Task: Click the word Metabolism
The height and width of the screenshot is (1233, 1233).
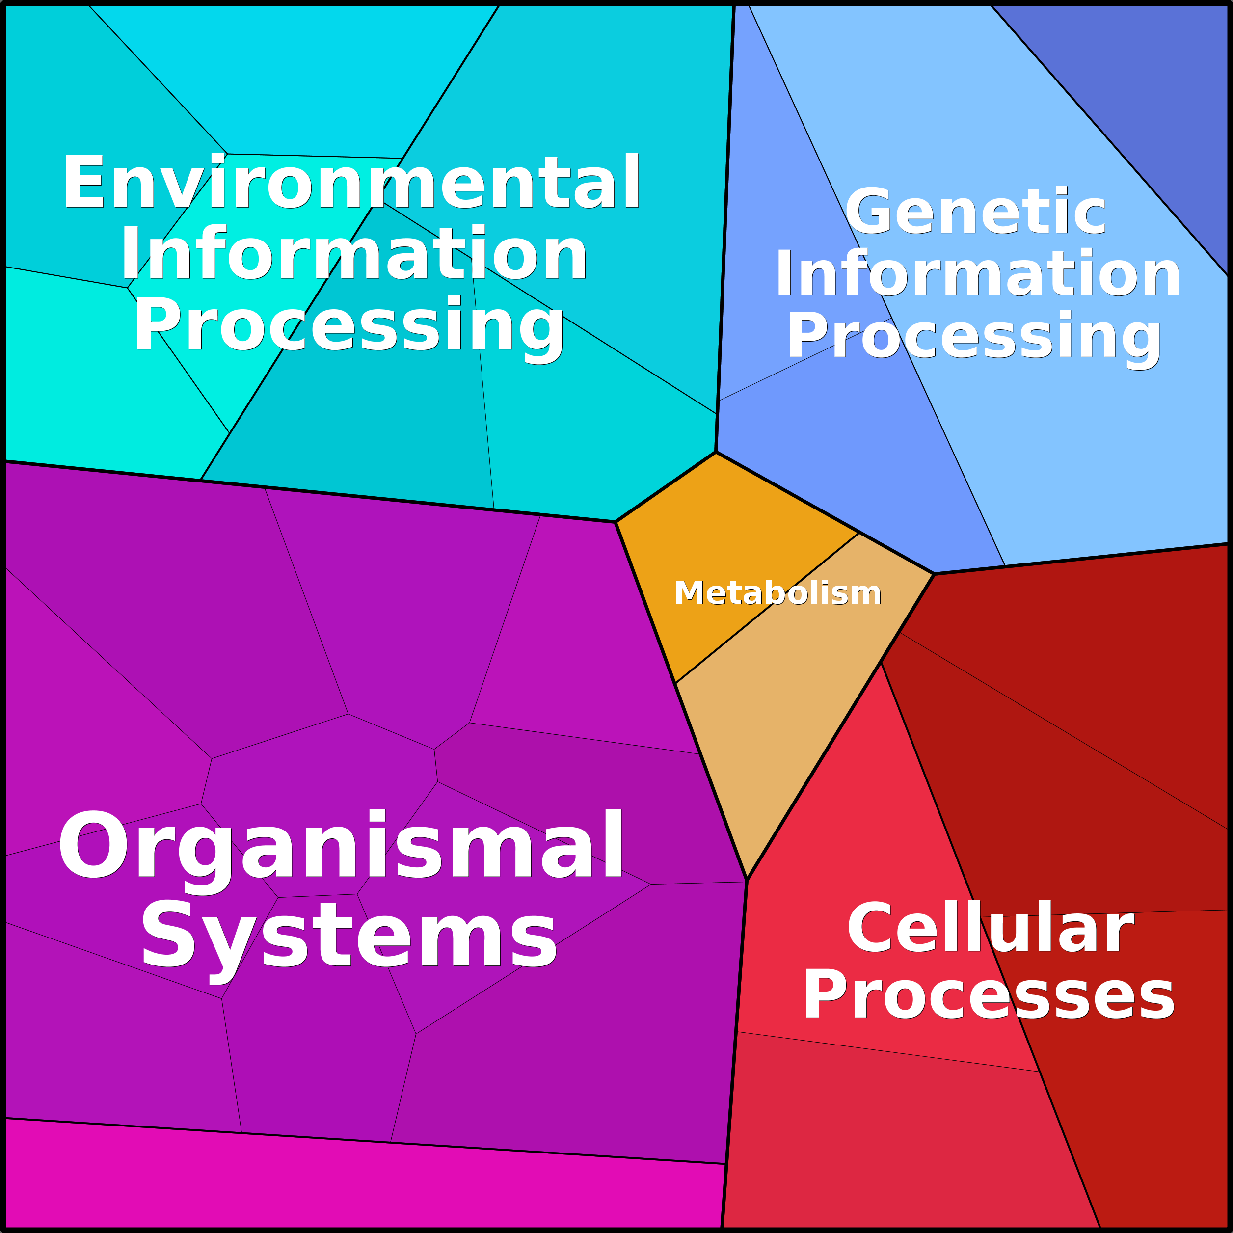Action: coord(777,593)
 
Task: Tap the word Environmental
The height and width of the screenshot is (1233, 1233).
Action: coord(351,182)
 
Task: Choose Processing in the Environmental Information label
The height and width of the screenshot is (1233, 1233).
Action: coord(348,327)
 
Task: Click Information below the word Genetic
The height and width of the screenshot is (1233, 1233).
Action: coord(978,274)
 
